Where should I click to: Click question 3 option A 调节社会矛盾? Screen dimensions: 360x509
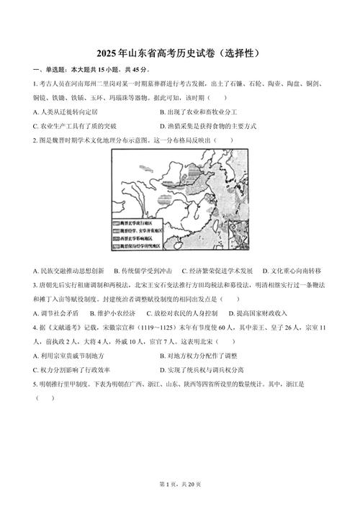[57, 313]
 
